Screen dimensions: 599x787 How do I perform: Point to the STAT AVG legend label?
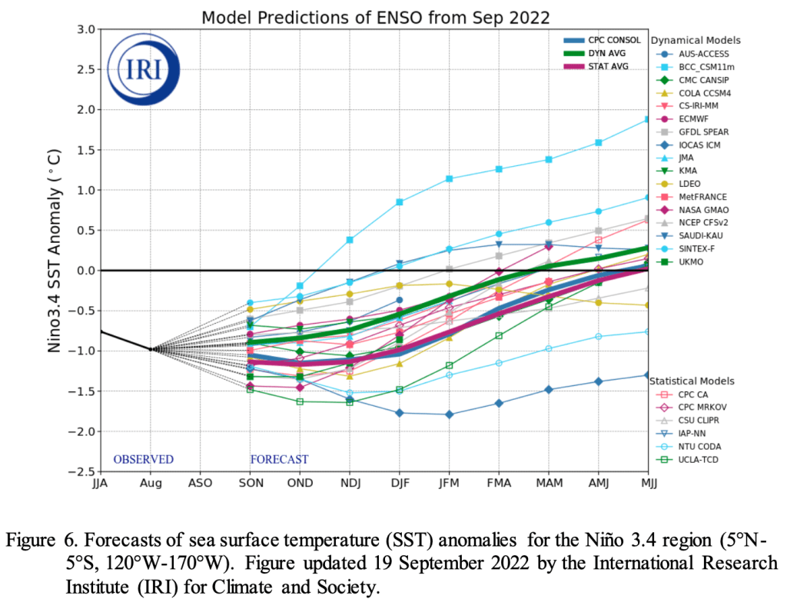608,67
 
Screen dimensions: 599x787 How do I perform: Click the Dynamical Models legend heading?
696,40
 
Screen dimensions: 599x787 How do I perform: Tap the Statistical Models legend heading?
692,381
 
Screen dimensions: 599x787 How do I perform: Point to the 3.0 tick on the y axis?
86,30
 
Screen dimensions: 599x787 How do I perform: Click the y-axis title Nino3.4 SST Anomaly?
55,251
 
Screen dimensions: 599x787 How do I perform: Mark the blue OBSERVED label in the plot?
144,459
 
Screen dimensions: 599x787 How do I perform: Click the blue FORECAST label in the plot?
279,459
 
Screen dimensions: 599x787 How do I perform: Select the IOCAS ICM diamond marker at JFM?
449,414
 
